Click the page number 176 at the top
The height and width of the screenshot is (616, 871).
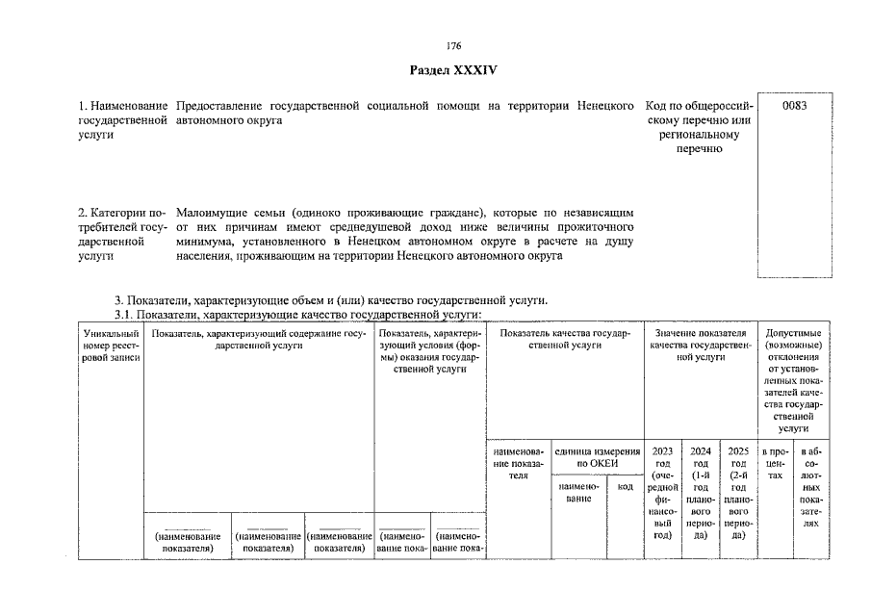[x=454, y=46]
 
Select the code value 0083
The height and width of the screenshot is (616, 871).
[x=795, y=105]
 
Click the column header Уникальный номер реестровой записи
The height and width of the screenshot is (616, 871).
[x=111, y=345]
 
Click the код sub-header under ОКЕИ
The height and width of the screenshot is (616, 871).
[x=625, y=487]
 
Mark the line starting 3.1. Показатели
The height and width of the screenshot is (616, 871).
[x=298, y=315]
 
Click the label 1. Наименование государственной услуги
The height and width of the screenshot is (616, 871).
[x=122, y=119]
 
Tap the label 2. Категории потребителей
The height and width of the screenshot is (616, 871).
[x=122, y=232]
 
